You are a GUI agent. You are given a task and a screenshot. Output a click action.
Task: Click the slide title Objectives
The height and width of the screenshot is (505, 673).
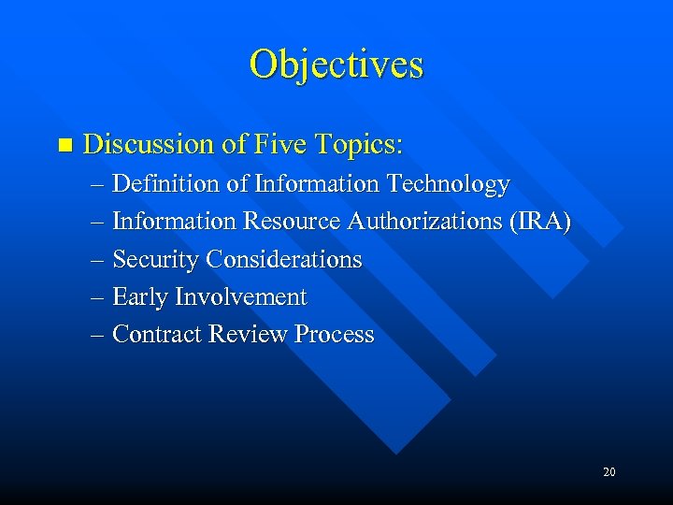(x=336, y=65)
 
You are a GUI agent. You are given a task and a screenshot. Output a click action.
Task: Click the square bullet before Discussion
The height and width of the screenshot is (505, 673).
(x=64, y=145)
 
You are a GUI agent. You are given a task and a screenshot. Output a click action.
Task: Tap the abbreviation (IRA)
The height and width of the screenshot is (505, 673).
(x=537, y=222)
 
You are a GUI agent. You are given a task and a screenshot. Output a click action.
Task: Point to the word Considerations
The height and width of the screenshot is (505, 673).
(x=283, y=259)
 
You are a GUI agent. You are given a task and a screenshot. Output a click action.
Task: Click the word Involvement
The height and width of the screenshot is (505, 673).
(x=241, y=297)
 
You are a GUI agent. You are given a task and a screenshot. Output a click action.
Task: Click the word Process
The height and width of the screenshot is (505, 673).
(x=334, y=334)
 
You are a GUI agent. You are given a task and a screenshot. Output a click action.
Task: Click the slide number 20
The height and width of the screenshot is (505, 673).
(x=609, y=472)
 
